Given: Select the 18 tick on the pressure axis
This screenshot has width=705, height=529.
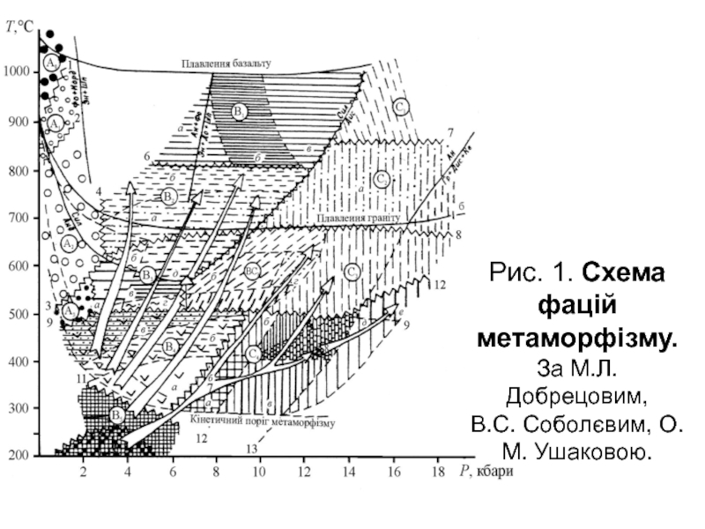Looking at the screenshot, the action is pyautogui.click(x=438, y=473).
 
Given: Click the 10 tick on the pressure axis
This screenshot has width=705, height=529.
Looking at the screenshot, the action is pyautogui.click(x=259, y=473).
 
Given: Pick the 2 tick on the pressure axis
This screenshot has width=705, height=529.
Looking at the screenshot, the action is pyautogui.click(x=84, y=473).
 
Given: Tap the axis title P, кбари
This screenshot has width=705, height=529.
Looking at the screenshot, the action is pyautogui.click(x=486, y=473).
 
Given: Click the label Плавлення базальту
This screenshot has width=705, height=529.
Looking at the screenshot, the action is pyautogui.click(x=226, y=63).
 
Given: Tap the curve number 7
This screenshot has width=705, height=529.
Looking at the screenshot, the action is pyautogui.click(x=450, y=133).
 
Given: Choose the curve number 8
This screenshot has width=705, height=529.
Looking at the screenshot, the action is pyautogui.click(x=458, y=235).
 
